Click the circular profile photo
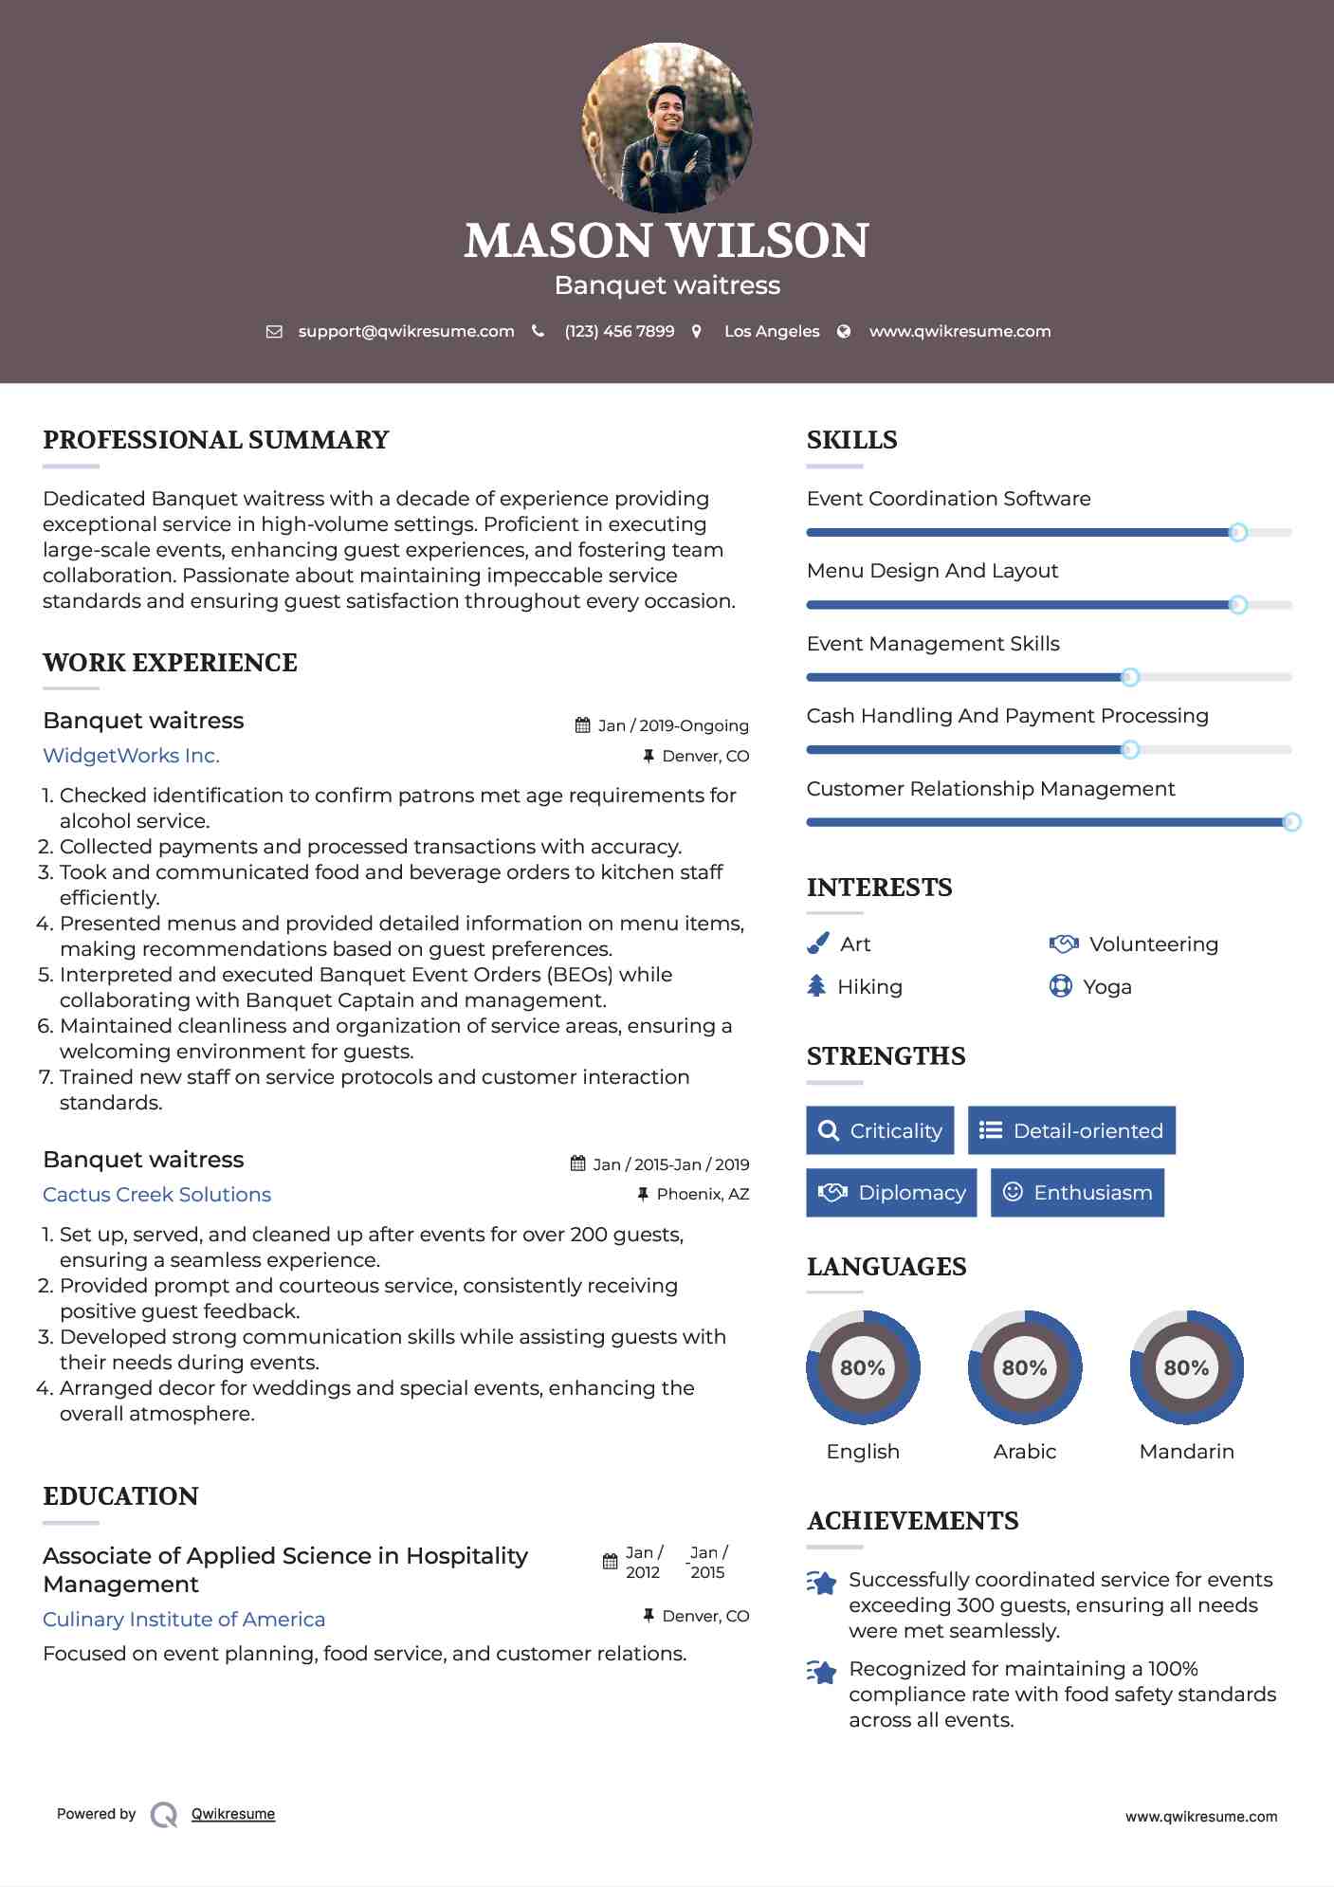667,127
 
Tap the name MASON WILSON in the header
667,241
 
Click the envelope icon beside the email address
274,332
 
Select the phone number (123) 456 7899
619,332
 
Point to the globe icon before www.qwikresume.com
844,332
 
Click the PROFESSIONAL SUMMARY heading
216,440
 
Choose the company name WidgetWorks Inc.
131,756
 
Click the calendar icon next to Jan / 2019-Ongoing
582,725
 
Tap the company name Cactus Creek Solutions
156,1195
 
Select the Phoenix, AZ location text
703,1194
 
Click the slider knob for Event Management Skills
1129,677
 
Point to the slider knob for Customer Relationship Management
1291,822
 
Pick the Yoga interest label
1106,987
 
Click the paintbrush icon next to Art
817,943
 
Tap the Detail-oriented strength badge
1071,1130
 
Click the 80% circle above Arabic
1024,1367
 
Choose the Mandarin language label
1186,1452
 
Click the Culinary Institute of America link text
184,1620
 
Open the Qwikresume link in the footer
233,1814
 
